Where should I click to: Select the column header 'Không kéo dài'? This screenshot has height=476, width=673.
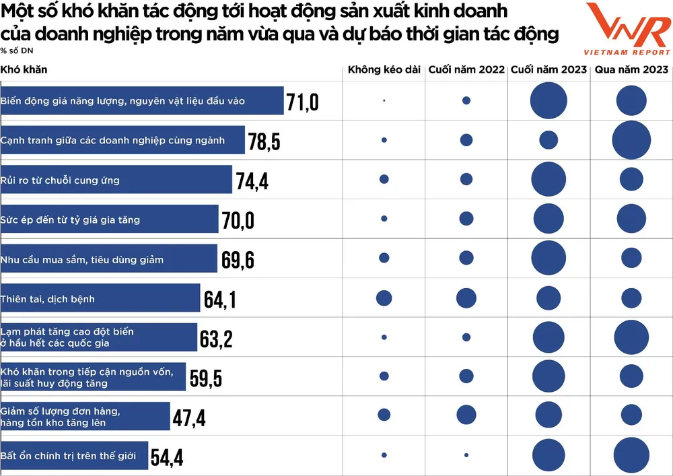(384, 70)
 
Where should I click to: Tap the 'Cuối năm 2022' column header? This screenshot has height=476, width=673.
(466, 70)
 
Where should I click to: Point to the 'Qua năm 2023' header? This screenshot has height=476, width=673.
(631, 70)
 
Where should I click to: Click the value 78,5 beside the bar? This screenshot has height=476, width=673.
(264, 141)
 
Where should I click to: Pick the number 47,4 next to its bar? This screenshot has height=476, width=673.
(189, 418)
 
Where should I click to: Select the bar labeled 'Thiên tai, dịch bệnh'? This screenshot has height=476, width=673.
(100, 298)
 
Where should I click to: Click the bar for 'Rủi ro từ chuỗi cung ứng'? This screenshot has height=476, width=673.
(116, 180)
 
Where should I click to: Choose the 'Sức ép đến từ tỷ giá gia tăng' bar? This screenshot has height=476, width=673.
(110, 219)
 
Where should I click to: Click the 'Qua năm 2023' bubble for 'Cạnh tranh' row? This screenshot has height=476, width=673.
(631, 140)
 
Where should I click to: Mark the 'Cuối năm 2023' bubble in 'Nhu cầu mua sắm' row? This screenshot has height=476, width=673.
(548, 259)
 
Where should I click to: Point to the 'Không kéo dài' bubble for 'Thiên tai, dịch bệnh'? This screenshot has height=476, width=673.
(384, 298)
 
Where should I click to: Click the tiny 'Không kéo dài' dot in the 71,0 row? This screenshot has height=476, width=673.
(384, 100)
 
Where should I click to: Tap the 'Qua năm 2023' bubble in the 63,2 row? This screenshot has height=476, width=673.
(631, 337)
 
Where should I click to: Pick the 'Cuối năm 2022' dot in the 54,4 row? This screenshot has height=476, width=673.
(466, 455)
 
